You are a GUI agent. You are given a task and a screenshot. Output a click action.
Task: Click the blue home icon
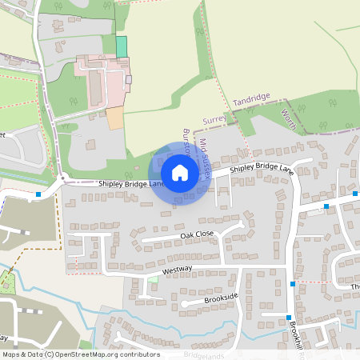pos(180,173)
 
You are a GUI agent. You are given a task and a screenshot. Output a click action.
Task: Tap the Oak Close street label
pos(197,234)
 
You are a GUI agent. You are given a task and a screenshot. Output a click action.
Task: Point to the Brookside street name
pos(221,297)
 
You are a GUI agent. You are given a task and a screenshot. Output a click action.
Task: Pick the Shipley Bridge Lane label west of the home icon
pos(131,184)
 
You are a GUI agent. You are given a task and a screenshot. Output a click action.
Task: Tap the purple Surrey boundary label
pos(216,120)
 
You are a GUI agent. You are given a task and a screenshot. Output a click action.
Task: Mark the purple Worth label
pos(290,120)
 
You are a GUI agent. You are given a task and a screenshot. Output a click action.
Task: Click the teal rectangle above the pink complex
pos(122,46)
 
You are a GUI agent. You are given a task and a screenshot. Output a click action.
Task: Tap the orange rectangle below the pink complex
pos(115,118)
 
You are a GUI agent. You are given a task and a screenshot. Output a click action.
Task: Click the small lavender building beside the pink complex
pos(128,80)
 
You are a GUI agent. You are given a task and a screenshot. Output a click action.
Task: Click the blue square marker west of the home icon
pos(38,194)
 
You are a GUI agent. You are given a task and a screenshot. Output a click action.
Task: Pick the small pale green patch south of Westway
pos(153,278)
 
